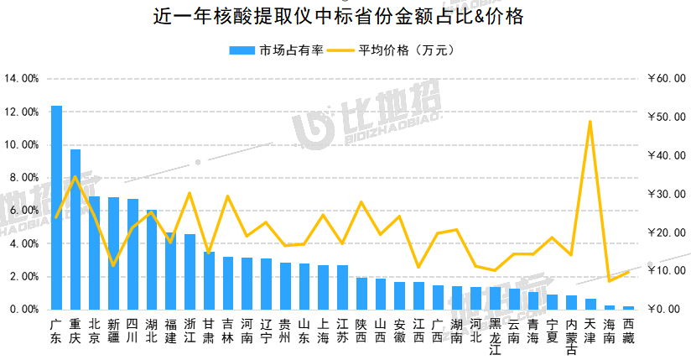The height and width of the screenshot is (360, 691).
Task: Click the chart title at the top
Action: (345, 16)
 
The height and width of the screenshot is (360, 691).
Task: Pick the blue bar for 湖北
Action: (152, 259)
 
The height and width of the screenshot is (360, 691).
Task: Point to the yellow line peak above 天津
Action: (590, 122)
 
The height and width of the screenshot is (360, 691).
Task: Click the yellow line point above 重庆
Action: (75, 176)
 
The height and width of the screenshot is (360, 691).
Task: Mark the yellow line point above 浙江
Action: (190, 193)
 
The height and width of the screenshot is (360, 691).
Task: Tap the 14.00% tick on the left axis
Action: (22, 79)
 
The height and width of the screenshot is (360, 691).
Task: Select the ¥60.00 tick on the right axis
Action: (667, 79)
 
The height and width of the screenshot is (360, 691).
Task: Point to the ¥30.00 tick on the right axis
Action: (667, 194)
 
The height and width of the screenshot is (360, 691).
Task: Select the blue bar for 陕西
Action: (361, 294)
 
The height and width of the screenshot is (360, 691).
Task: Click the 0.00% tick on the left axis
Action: (24, 310)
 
